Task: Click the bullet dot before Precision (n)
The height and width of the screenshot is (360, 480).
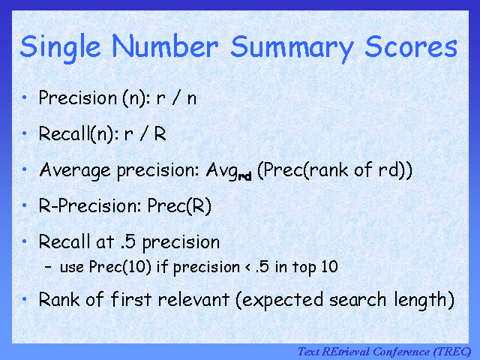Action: pyautogui.click(x=25, y=97)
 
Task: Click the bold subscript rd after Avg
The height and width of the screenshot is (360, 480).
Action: pyautogui.click(x=244, y=176)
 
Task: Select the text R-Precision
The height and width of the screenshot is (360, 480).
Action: pyautogui.click(x=81, y=206)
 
